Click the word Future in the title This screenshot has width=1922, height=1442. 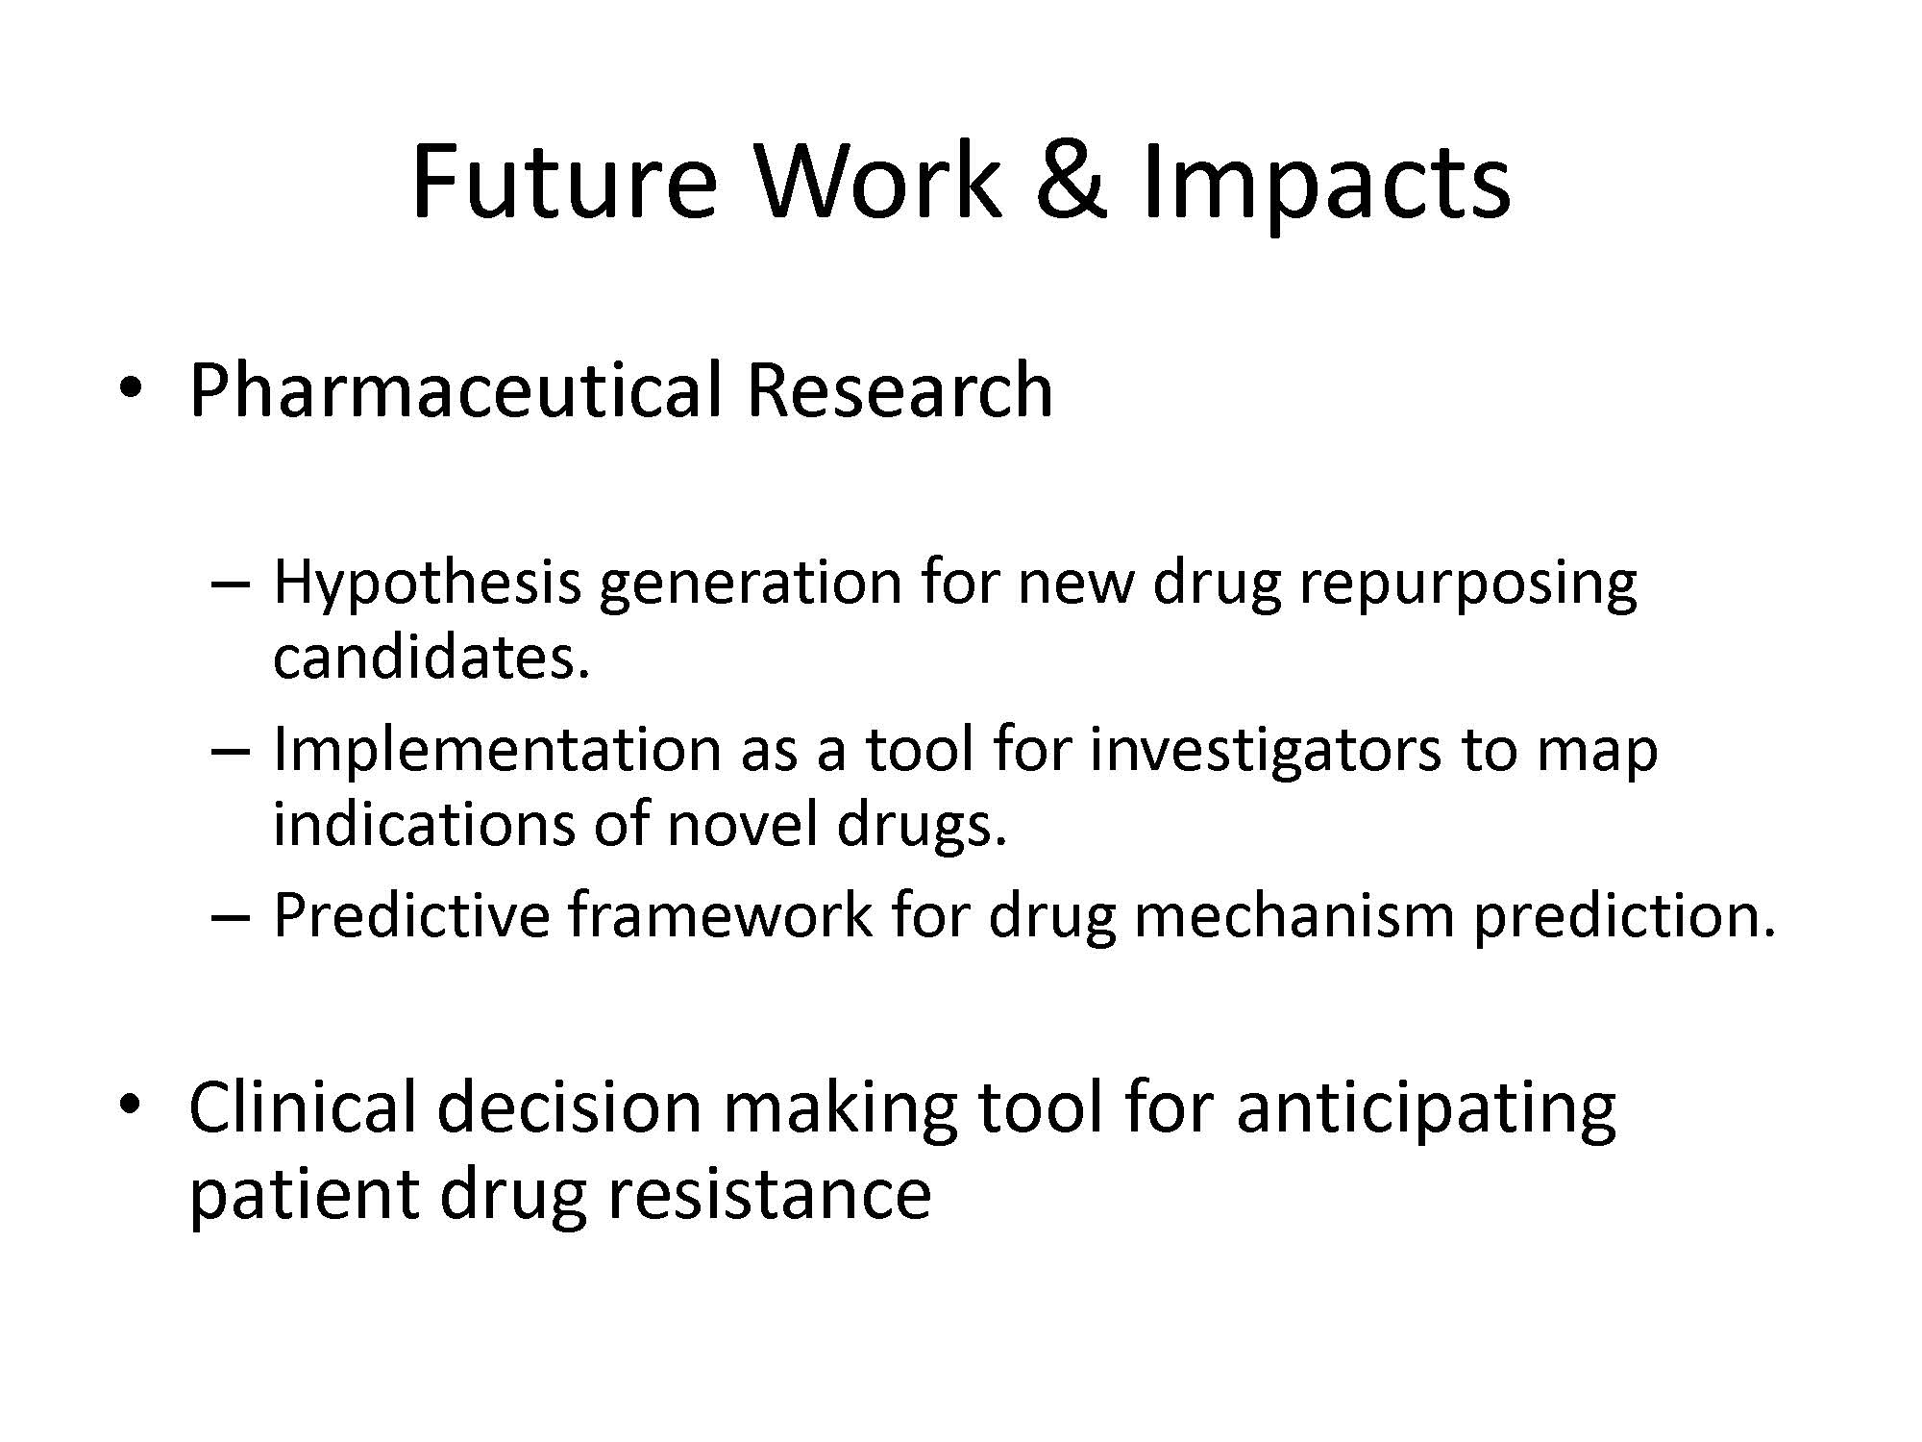point(564,181)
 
